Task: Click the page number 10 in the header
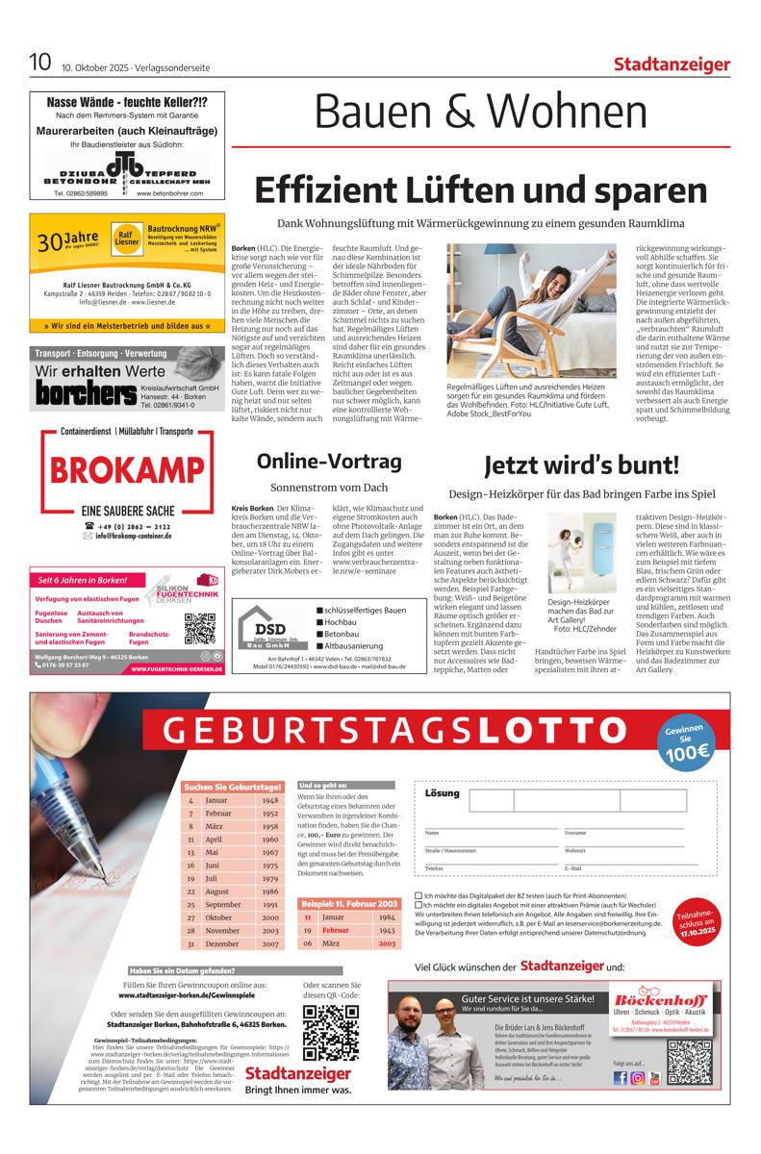point(40,63)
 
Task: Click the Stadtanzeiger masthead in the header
point(672,64)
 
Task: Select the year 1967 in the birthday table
point(269,852)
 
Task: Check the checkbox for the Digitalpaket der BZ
point(419,895)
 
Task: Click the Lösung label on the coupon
point(443,793)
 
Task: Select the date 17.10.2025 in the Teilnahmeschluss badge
point(695,932)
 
